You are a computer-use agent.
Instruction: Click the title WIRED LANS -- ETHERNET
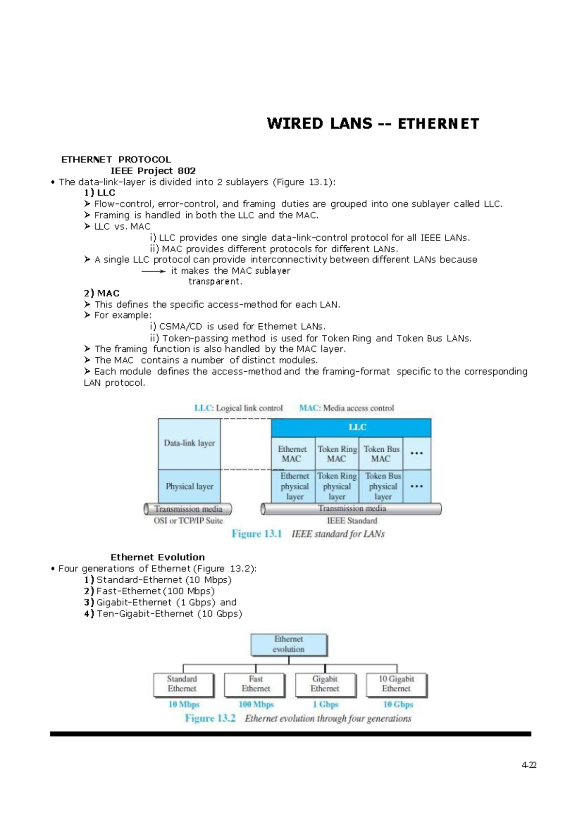372,124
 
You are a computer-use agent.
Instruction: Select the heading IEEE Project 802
153,171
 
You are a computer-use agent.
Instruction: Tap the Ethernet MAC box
292,454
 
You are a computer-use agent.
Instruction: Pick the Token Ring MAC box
337,454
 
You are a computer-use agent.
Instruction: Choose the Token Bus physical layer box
382,486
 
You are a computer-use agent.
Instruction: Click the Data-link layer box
189,443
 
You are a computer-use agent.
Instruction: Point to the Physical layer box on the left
189,486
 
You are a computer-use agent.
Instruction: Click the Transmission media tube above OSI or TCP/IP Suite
188,509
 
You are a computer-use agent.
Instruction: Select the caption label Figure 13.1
257,534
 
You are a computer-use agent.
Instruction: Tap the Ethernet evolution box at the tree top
289,645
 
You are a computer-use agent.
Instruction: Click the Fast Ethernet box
256,684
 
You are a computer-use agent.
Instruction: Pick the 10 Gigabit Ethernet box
396,684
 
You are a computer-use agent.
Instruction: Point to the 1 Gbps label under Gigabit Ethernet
325,704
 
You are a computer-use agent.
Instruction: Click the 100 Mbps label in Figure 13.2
256,704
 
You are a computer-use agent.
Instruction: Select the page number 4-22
529,765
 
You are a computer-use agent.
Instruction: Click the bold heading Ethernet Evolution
158,557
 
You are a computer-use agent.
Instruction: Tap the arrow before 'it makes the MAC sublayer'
153,271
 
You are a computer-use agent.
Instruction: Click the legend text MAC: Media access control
346,408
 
